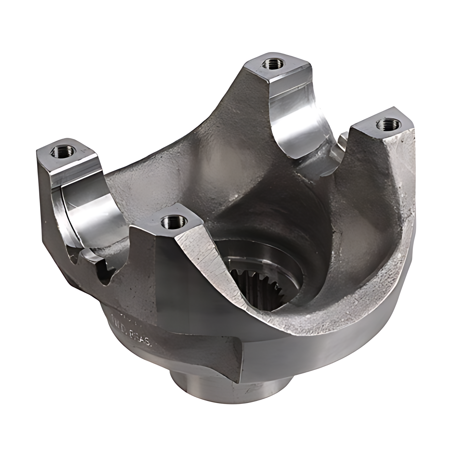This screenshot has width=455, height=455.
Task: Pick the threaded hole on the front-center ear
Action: pos(174,223)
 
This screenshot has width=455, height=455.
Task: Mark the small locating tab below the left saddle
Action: pos(106,271)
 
